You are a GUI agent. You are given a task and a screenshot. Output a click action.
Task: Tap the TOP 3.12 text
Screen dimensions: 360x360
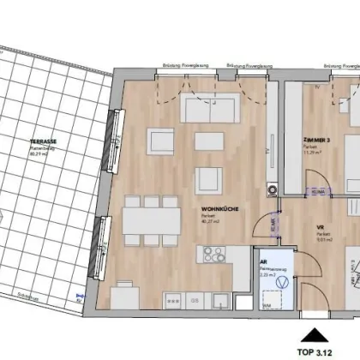point(319,350)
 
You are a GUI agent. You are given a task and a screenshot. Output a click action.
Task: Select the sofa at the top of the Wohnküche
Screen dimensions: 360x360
point(209,108)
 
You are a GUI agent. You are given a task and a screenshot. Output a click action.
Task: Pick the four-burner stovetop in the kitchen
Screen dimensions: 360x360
point(213,255)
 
